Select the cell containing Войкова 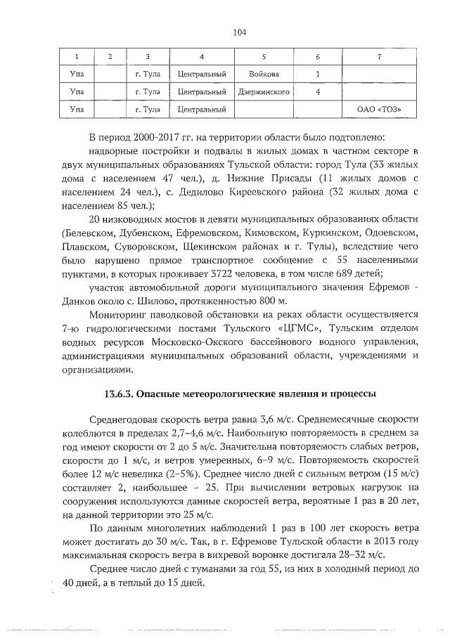pyautogui.click(x=264, y=74)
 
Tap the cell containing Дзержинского pyautogui.click(x=264, y=91)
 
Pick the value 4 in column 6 pyautogui.click(x=318, y=91)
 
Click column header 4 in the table pyautogui.click(x=202, y=56)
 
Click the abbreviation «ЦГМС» pyautogui.click(x=285, y=328)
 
